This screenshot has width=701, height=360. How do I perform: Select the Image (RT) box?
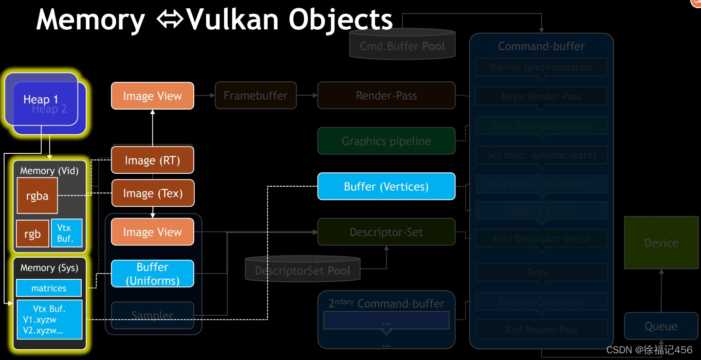click(153, 160)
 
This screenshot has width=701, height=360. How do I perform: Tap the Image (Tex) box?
click(153, 193)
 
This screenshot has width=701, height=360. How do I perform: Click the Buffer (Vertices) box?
click(386, 186)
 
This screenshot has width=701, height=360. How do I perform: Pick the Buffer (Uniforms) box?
click(153, 274)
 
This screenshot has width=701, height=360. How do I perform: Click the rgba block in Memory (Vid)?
click(37, 195)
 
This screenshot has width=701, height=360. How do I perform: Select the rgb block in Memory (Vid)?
click(32, 234)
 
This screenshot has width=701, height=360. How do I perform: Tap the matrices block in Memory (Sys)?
click(49, 288)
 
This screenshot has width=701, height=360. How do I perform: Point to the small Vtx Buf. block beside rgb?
click(66, 233)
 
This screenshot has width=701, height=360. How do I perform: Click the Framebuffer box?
click(255, 95)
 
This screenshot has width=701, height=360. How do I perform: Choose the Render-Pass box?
click(386, 95)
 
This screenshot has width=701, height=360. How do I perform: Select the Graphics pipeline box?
click(386, 141)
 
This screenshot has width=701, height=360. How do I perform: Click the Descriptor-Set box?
click(386, 232)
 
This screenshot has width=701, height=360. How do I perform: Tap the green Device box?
click(661, 243)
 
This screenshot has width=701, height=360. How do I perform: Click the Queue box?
click(661, 326)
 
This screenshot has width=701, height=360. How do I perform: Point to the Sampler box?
click(153, 315)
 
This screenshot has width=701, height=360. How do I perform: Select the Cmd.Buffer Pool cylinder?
click(402, 46)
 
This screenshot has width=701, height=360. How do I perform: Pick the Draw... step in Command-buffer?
click(542, 273)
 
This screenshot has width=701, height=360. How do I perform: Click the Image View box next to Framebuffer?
click(153, 96)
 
